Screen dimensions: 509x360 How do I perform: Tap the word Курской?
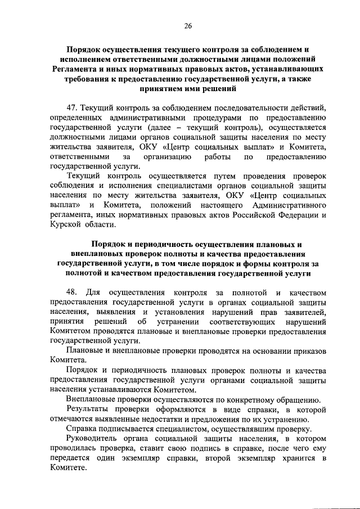click(x=66, y=224)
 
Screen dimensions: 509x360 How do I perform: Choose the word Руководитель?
click(x=92, y=439)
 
